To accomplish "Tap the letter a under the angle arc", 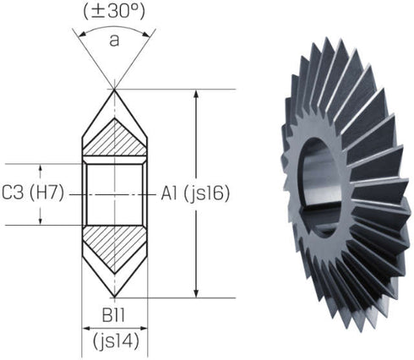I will tap(114, 39).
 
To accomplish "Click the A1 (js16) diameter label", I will tap(194, 194).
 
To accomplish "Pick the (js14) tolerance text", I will tap(114, 342).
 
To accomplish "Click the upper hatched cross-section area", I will tap(114, 140).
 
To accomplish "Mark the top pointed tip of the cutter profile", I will tap(114, 88).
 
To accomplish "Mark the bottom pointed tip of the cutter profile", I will tap(114, 297).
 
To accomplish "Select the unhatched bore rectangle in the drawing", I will tap(114, 194).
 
